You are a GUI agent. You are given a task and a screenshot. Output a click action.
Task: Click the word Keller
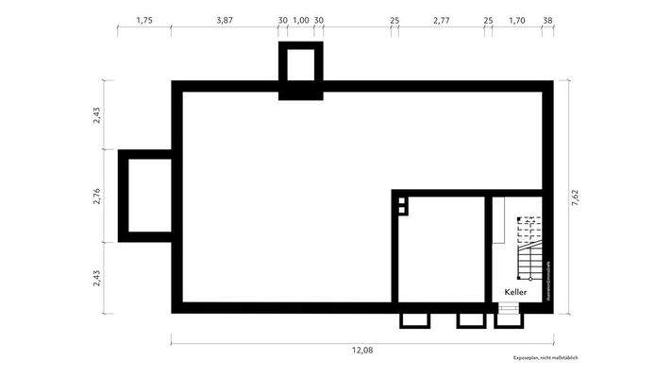514,292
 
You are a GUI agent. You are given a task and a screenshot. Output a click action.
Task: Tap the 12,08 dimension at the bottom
361,350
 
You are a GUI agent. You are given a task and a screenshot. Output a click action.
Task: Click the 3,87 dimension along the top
224,19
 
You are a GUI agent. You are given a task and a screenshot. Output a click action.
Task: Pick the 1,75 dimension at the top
144,19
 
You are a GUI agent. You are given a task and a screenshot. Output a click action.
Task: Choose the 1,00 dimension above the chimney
301,19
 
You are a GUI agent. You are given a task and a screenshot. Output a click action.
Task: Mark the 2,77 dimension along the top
442,19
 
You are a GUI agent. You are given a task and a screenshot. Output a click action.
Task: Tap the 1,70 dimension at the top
517,19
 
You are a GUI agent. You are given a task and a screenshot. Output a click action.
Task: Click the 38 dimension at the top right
548,19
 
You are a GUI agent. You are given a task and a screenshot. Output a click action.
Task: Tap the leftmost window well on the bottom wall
414,319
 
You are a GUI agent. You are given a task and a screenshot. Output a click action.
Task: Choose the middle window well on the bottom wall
470,319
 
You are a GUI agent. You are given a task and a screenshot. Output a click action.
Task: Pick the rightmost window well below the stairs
508,319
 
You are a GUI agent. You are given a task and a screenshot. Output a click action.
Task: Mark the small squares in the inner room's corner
401,205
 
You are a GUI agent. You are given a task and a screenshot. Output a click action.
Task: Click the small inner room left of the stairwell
439,250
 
